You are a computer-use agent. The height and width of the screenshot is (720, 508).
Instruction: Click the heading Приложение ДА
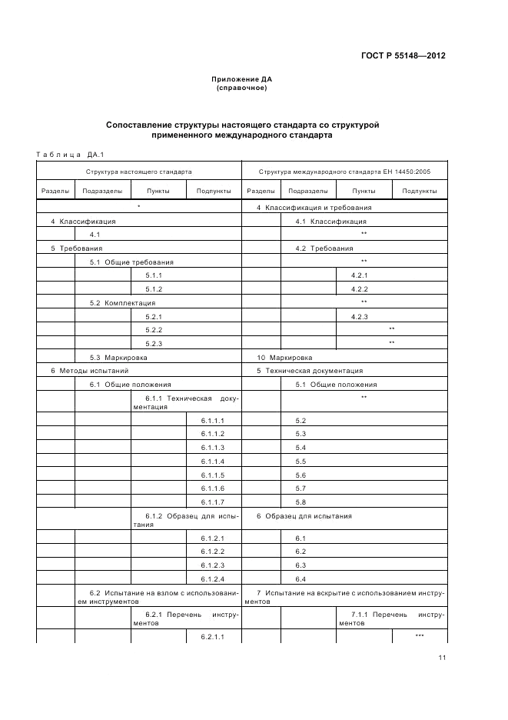[x=242, y=80]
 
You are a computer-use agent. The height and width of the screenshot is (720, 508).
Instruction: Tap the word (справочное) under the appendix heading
[x=242, y=88]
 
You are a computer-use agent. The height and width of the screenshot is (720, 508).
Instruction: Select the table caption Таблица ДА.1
[x=70, y=155]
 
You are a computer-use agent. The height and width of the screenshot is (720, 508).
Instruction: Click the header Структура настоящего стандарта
[x=139, y=172]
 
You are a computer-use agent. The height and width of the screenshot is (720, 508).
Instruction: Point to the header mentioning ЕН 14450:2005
[x=344, y=172]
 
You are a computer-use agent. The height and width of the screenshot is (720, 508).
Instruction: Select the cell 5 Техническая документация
[x=310, y=370]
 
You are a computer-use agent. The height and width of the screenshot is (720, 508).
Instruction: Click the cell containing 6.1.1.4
[x=213, y=461]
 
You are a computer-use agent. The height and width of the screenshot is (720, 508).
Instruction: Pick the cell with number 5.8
[x=300, y=502]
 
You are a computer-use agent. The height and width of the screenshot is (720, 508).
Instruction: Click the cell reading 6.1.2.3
[x=213, y=565]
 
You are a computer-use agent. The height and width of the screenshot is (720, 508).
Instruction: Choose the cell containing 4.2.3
[x=360, y=316]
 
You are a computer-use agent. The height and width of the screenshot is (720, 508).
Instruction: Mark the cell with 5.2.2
[x=154, y=329]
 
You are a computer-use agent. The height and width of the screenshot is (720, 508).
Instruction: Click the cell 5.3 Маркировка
[x=118, y=357]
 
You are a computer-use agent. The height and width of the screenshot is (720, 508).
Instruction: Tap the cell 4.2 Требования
[x=324, y=248]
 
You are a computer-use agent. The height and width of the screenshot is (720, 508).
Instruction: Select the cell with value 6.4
[x=300, y=578]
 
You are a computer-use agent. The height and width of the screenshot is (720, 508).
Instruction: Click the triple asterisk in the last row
[x=420, y=635]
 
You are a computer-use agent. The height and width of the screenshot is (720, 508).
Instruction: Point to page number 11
[x=442, y=658]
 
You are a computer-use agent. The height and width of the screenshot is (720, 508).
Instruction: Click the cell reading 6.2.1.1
[x=213, y=636]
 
